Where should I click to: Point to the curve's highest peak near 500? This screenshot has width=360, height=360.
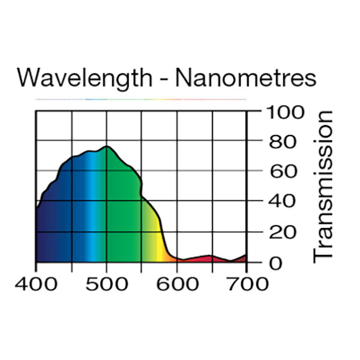107,146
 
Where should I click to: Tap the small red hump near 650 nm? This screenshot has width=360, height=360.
208,258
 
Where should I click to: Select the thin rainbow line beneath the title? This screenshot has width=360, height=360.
141,98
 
